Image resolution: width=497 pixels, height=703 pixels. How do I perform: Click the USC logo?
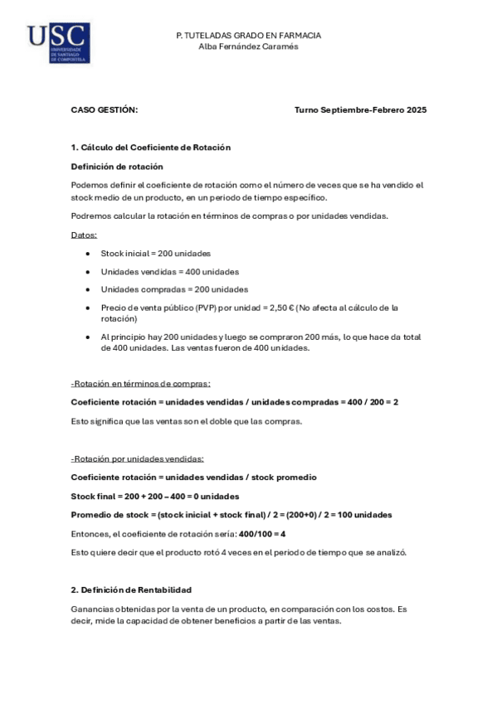(x=58, y=43)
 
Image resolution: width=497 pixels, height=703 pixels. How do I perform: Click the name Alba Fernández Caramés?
(x=248, y=46)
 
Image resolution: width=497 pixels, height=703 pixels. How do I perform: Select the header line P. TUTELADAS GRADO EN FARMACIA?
(x=248, y=36)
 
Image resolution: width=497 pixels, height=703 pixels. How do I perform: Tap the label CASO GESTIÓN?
(x=105, y=109)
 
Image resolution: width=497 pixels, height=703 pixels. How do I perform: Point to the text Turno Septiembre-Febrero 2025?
(x=360, y=109)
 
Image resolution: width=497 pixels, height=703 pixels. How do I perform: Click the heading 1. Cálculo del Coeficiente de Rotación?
(x=150, y=147)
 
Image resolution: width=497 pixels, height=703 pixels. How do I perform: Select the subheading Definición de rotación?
(x=117, y=166)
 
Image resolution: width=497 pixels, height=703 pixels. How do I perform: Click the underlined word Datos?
(x=84, y=235)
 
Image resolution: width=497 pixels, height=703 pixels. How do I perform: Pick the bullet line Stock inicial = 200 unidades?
(x=156, y=253)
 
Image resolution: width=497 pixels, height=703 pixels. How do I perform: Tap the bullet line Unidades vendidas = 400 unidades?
(x=169, y=271)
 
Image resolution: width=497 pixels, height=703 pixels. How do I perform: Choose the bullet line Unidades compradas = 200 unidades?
(x=174, y=289)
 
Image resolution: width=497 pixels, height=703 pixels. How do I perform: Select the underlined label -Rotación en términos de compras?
(x=140, y=383)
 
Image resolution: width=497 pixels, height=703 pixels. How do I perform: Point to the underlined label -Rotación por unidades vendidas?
(x=137, y=458)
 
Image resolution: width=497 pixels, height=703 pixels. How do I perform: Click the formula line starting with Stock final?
(x=155, y=496)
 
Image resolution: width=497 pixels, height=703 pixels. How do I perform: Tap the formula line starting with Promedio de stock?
(x=231, y=514)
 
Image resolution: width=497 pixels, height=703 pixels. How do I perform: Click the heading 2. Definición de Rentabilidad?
(x=131, y=589)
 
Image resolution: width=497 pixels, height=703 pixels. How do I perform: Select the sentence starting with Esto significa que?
(x=187, y=420)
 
